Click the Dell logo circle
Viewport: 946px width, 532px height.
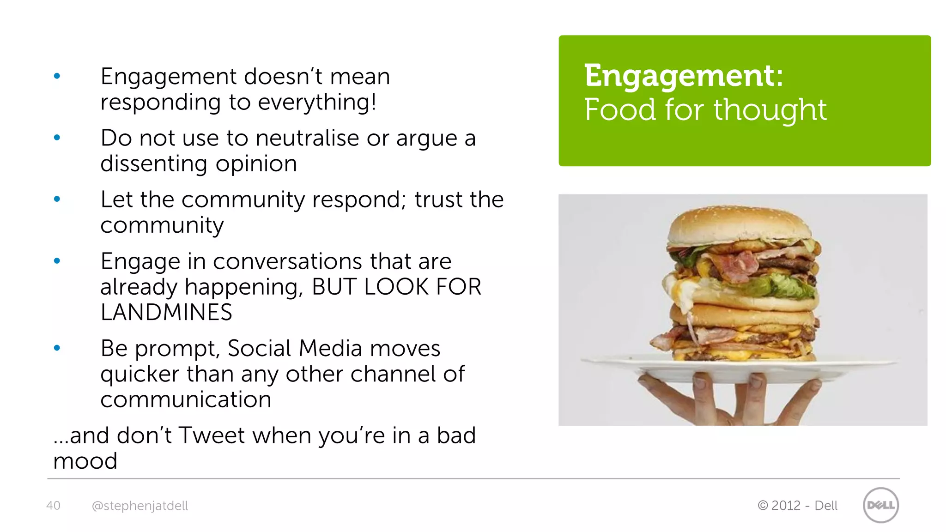point(880,505)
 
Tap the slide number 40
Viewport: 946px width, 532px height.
point(53,505)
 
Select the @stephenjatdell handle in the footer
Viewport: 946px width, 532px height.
point(139,506)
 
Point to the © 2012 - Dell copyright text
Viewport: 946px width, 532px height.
point(797,505)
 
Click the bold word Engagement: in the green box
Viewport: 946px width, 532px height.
point(683,76)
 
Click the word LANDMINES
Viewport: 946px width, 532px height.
point(166,313)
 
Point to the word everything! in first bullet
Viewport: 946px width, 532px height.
point(317,102)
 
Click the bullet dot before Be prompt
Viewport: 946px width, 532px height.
point(57,348)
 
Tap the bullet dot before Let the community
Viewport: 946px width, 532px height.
point(57,199)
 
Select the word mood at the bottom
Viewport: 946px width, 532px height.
point(85,461)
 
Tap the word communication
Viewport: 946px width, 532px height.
point(186,399)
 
